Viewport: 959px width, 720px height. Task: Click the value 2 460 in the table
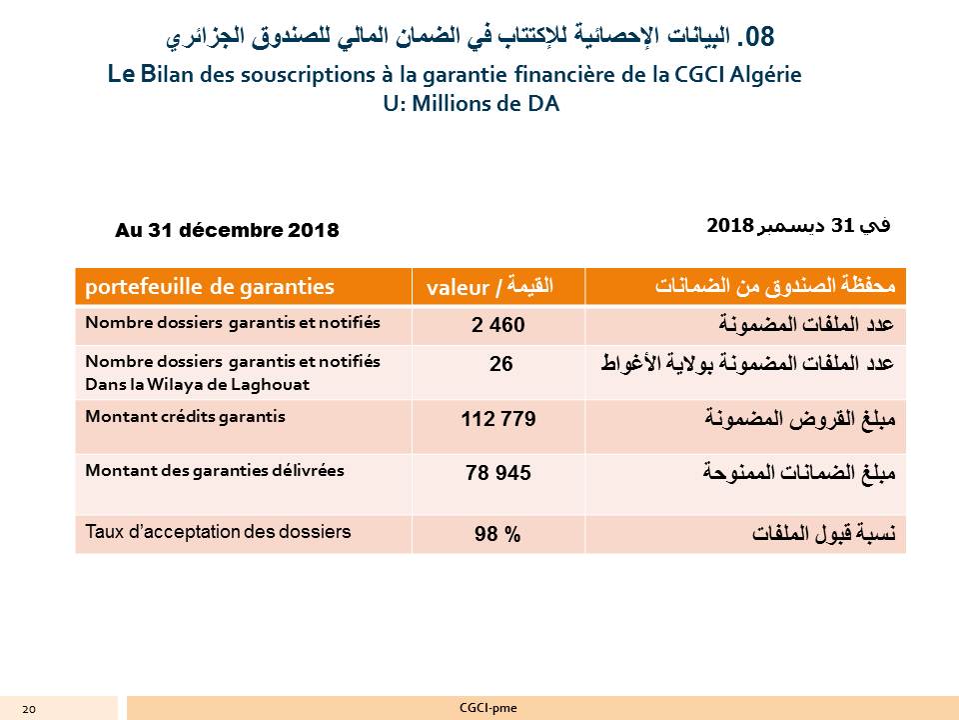497,326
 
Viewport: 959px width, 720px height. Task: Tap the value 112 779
498,420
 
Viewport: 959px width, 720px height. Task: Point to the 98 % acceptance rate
497,535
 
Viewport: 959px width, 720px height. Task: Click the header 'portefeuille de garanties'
211,287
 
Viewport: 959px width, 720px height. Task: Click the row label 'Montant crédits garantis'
186,417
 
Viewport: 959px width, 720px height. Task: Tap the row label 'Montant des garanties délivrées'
215,470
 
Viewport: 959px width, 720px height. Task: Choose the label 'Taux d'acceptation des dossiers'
219,532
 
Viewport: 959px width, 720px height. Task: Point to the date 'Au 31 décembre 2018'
228,231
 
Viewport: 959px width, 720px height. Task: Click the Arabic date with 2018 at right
798,226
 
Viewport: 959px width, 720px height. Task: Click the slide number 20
28,709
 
